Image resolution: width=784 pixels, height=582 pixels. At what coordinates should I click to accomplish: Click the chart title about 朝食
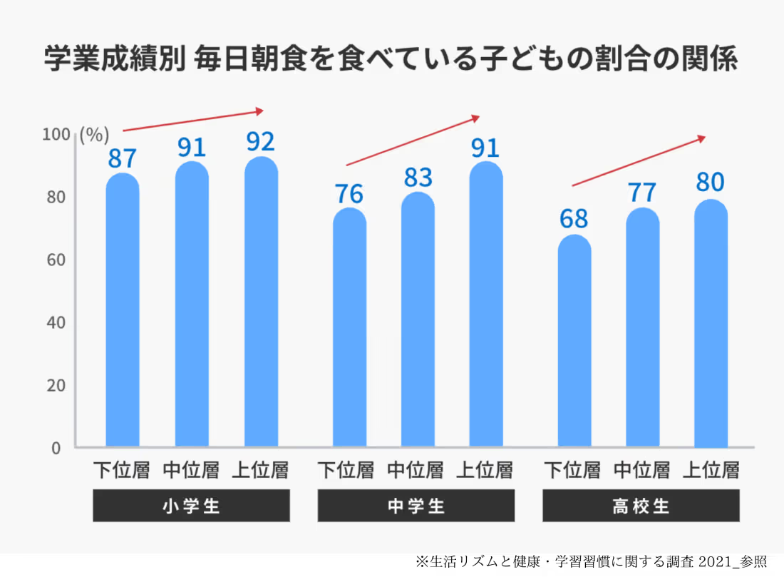tap(391, 60)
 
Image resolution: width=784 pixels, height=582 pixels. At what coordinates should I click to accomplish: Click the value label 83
tap(418, 178)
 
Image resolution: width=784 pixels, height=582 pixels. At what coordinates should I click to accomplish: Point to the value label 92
tap(261, 142)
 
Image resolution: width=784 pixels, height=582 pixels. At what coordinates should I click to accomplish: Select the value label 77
tap(643, 193)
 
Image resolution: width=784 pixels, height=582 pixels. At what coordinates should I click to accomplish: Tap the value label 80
tap(710, 183)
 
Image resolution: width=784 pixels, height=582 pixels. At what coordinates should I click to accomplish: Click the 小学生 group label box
tap(191, 506)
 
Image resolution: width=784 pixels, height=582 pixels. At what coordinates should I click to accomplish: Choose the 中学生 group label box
tap(416, 506)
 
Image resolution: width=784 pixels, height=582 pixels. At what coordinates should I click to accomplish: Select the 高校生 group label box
tap(641, 506)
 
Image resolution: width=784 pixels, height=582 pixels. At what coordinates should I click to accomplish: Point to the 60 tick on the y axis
tap(57, 260)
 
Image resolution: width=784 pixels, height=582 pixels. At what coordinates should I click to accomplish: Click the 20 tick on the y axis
tap(57, 386)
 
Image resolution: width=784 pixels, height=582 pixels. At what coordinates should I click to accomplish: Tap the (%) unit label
tap(94, 135)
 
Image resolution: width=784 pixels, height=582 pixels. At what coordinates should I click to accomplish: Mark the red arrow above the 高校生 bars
tap(639, 161)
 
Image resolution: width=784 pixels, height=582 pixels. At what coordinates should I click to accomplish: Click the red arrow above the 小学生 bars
tap(193, 121)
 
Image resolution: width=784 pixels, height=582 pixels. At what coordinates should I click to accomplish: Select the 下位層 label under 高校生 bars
tap(573, 470)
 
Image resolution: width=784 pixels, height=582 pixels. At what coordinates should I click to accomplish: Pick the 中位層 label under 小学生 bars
tap(191, 470)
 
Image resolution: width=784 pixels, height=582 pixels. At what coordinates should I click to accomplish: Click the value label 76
tap(349, 193)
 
